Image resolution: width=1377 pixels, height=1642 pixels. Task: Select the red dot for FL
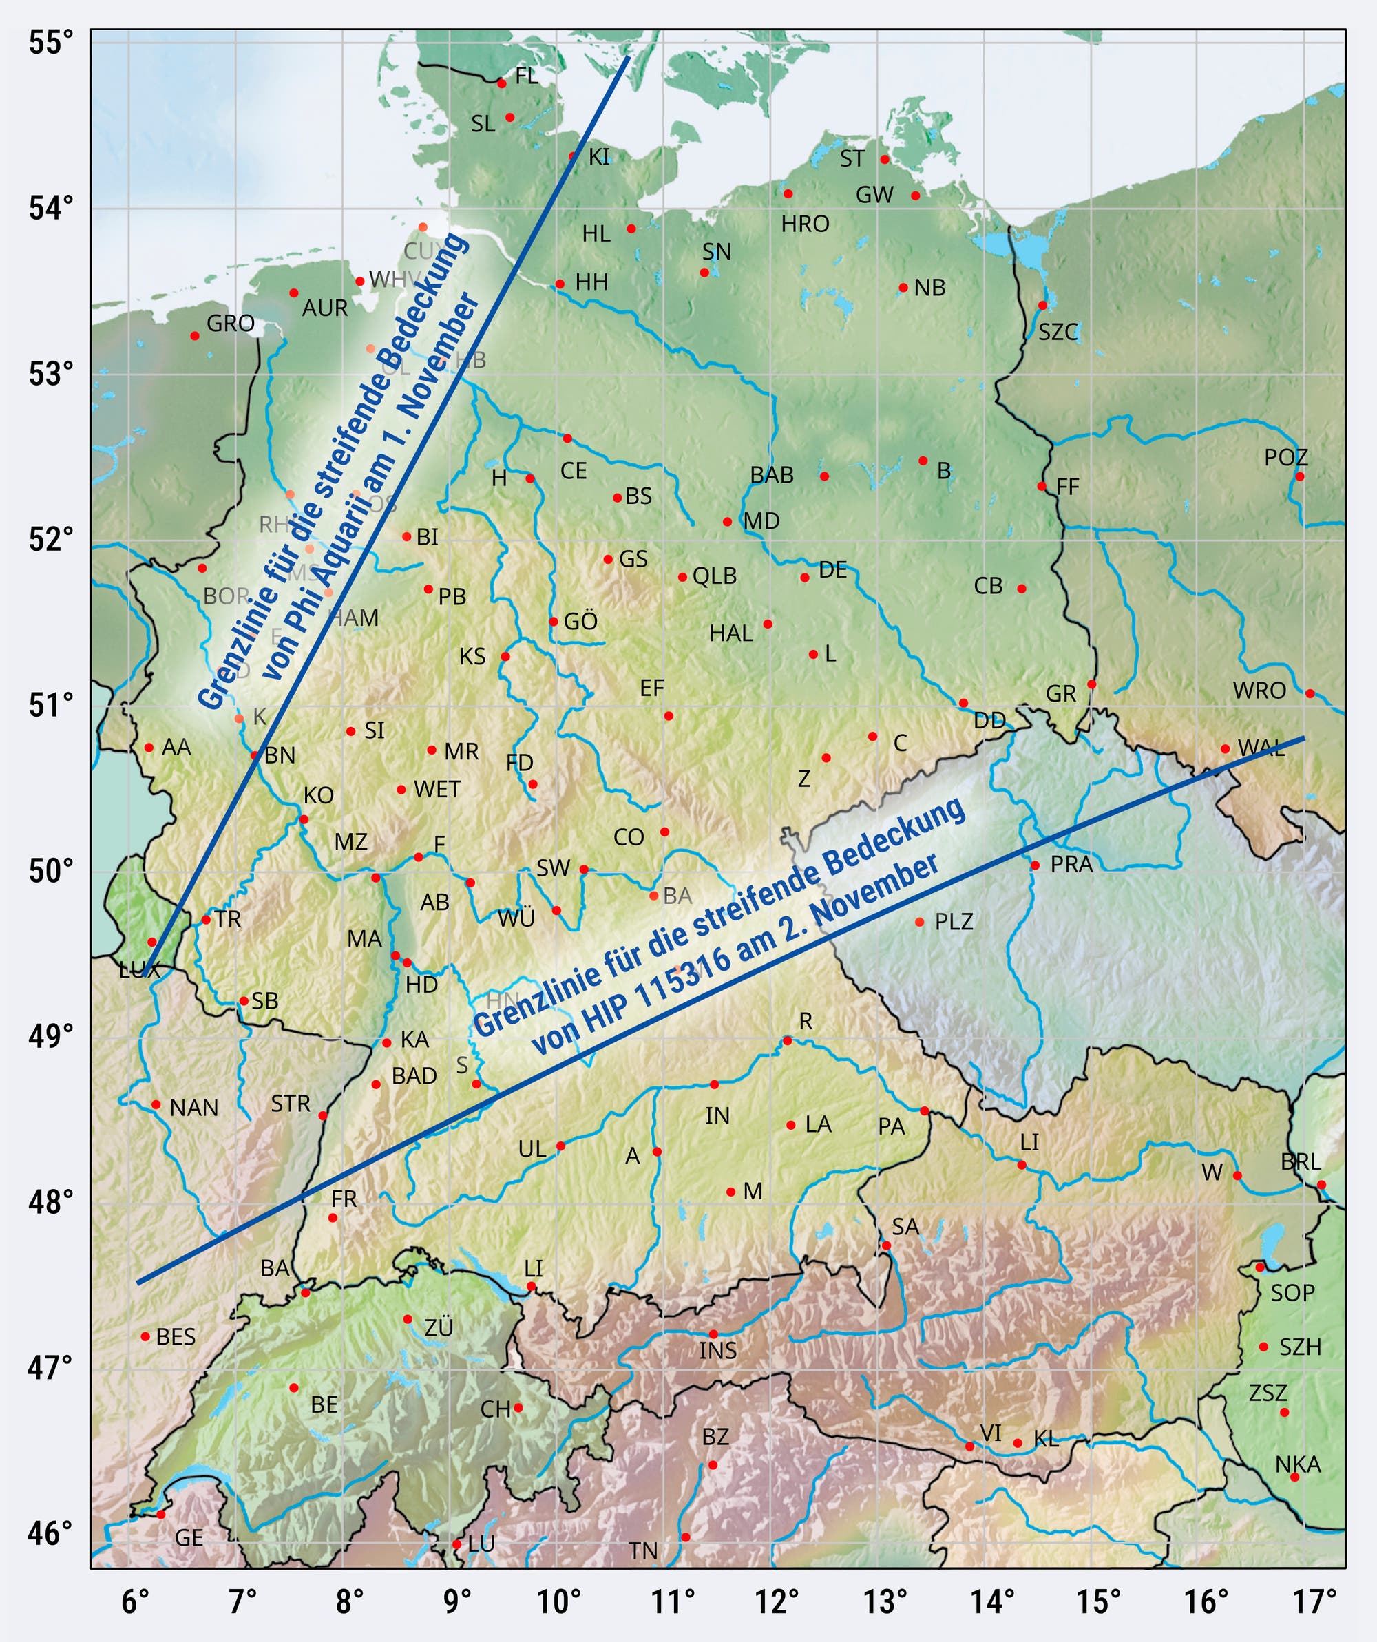501,83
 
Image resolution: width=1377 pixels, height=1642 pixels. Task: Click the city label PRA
1071,865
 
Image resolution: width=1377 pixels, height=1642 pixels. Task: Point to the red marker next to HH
560,284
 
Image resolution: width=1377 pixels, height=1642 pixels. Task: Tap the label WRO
1259,691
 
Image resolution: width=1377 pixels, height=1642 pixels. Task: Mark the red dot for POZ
1300,476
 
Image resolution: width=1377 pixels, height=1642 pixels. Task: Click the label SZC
1058,333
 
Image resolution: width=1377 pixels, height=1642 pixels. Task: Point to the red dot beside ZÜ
408,1319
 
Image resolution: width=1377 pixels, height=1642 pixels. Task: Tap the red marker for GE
161,1515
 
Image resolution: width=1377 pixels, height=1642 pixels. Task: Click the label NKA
1297,1464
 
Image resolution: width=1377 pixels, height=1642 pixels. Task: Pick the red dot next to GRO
195,335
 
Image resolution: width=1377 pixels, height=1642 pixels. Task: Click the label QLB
715,576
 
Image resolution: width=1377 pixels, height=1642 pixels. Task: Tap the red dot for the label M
730,1192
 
